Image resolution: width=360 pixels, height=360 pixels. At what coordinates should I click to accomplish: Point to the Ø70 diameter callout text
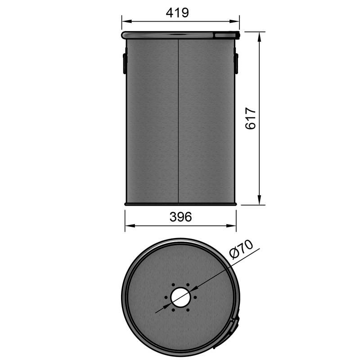[241, 251]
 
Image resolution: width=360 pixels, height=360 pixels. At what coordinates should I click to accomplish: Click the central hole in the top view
[180, 297]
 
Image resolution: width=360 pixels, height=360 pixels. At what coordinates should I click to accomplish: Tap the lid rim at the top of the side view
[180, 34]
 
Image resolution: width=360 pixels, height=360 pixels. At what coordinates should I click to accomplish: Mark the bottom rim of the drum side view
[180, 204]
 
